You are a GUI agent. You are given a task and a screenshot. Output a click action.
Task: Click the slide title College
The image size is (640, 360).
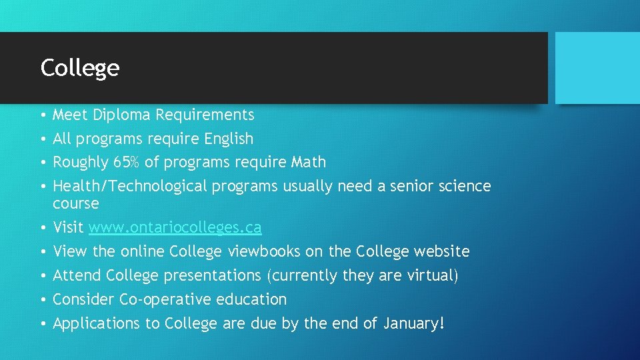click(x=80, y=68)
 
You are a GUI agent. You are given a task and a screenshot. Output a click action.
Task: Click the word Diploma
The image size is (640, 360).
click(x=121, y=115)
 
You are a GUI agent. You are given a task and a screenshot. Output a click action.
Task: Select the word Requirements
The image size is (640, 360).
click(x=205, y=115)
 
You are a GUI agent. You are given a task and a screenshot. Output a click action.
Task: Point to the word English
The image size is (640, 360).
click(x=229, y=139)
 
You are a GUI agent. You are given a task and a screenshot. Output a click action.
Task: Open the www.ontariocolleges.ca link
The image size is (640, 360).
click(x=175, y=228)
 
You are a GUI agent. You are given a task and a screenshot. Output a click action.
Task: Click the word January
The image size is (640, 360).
click(x=409, y=323)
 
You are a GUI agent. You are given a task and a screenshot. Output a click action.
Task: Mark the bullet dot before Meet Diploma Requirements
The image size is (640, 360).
click(x=43, y=115)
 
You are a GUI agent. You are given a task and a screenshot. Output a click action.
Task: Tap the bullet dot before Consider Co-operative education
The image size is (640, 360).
click(x=43, y=300)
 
